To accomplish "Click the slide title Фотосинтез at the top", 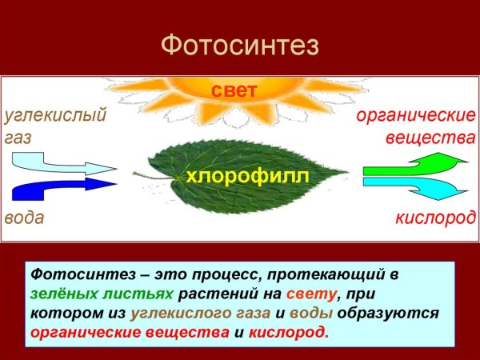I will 240,45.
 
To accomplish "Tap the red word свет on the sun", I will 234,91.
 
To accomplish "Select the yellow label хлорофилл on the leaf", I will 246,176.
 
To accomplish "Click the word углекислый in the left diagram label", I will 55,116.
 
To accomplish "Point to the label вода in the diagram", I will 24,218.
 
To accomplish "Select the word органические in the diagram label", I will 415,116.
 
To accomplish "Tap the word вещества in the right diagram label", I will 430,138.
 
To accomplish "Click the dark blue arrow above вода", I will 60,190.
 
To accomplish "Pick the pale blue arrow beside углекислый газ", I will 60,166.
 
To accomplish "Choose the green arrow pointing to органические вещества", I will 414,166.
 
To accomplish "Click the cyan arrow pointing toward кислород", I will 414,190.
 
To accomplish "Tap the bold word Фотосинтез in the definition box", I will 72,274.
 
